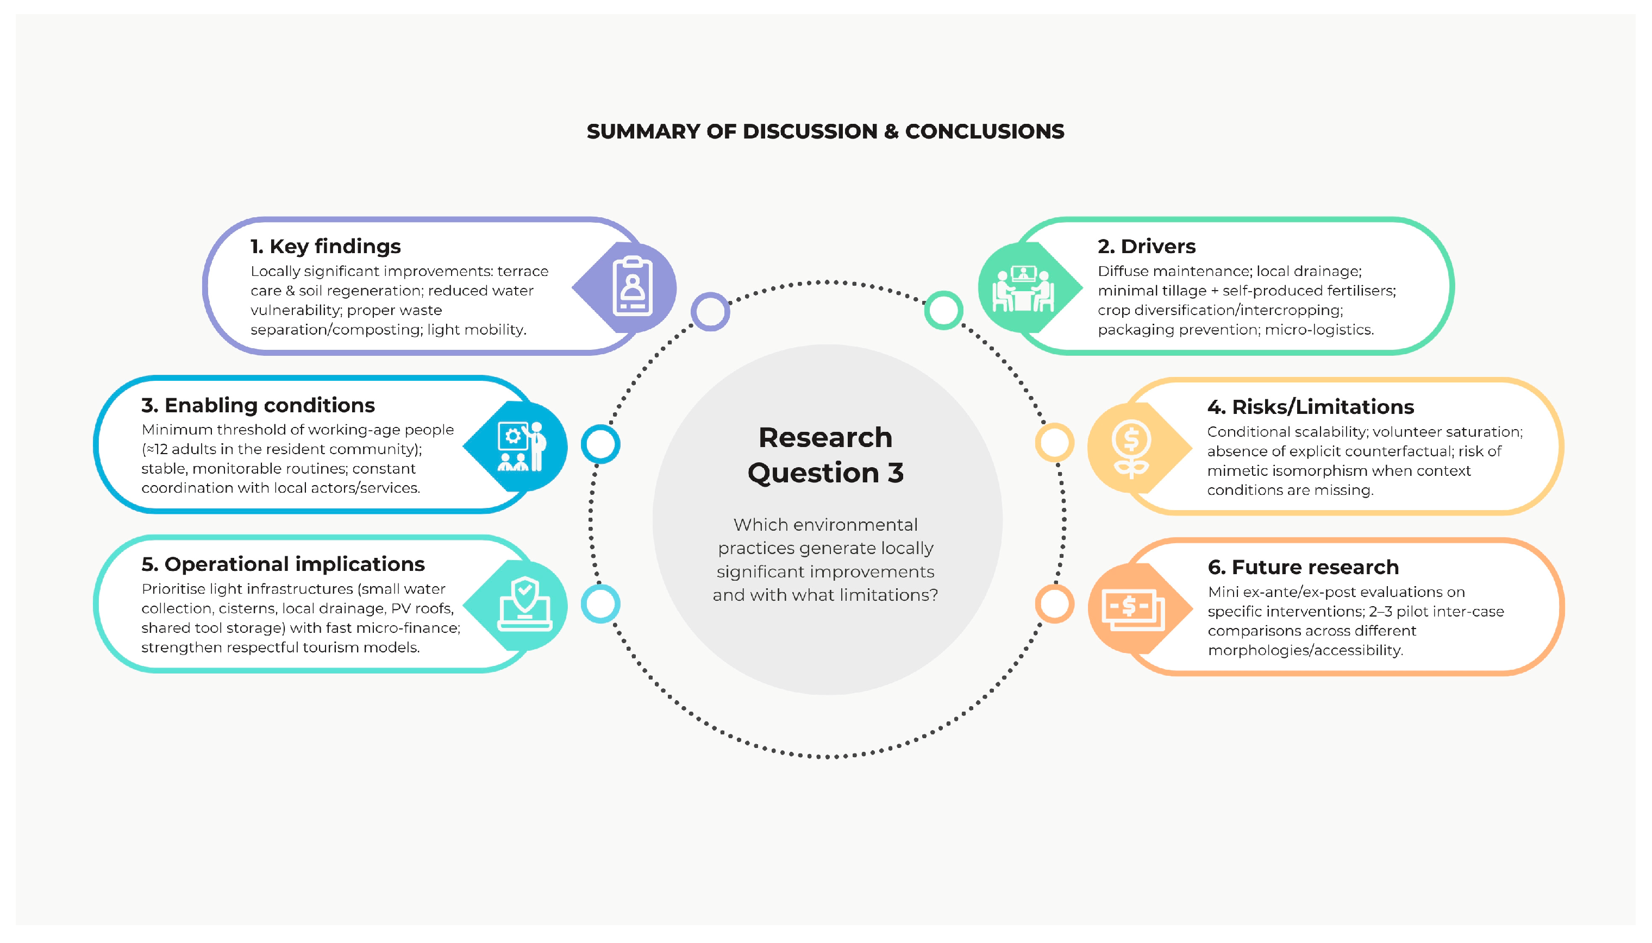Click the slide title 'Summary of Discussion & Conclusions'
825,131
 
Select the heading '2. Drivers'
1146,246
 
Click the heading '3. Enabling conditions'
258,405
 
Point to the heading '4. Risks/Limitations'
1310,407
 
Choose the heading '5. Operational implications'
283,564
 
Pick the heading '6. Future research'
1303,567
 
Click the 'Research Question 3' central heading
825,455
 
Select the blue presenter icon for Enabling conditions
522,447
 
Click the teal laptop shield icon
524,605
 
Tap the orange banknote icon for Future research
1132,607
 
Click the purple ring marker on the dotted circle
710,312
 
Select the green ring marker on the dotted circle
943,310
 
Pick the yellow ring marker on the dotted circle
1054,443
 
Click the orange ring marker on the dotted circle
1054,603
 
